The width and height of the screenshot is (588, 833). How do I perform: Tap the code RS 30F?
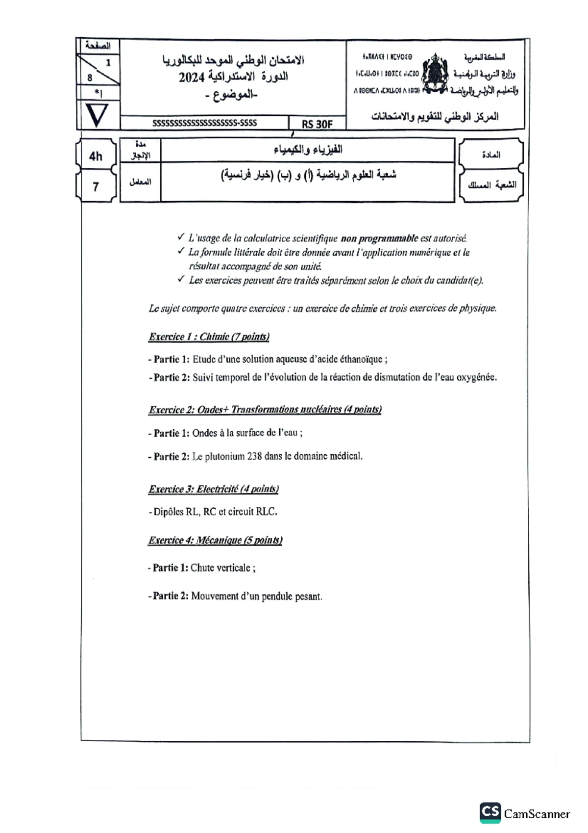[317, 124]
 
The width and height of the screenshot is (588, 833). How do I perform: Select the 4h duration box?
[96, 156]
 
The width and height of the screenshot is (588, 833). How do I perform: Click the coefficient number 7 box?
[96, 187]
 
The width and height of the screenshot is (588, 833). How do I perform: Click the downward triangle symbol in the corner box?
[97, 116]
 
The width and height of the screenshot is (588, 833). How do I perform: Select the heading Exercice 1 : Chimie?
[209, 337]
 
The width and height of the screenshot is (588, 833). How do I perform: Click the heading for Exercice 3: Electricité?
[214, 489]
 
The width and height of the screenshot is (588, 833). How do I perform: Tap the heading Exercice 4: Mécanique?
[215, 540]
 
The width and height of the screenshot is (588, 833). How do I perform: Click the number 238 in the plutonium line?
[254, 456]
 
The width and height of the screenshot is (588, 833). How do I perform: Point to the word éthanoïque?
[360, 359]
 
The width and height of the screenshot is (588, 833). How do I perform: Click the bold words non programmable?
[379, 238]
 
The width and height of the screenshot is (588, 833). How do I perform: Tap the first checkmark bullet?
[181, 237]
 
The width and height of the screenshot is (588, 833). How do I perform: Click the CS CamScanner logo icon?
[490, 813]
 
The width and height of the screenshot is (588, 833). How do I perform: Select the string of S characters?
[204, 123]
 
